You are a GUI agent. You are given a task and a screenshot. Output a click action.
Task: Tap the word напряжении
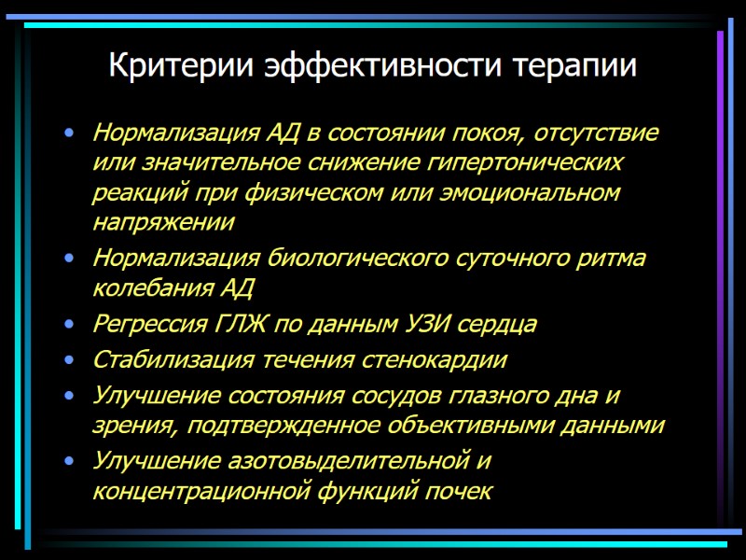(x=163, y=223)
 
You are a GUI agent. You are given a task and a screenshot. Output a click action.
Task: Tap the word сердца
(x=501, y=324)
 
